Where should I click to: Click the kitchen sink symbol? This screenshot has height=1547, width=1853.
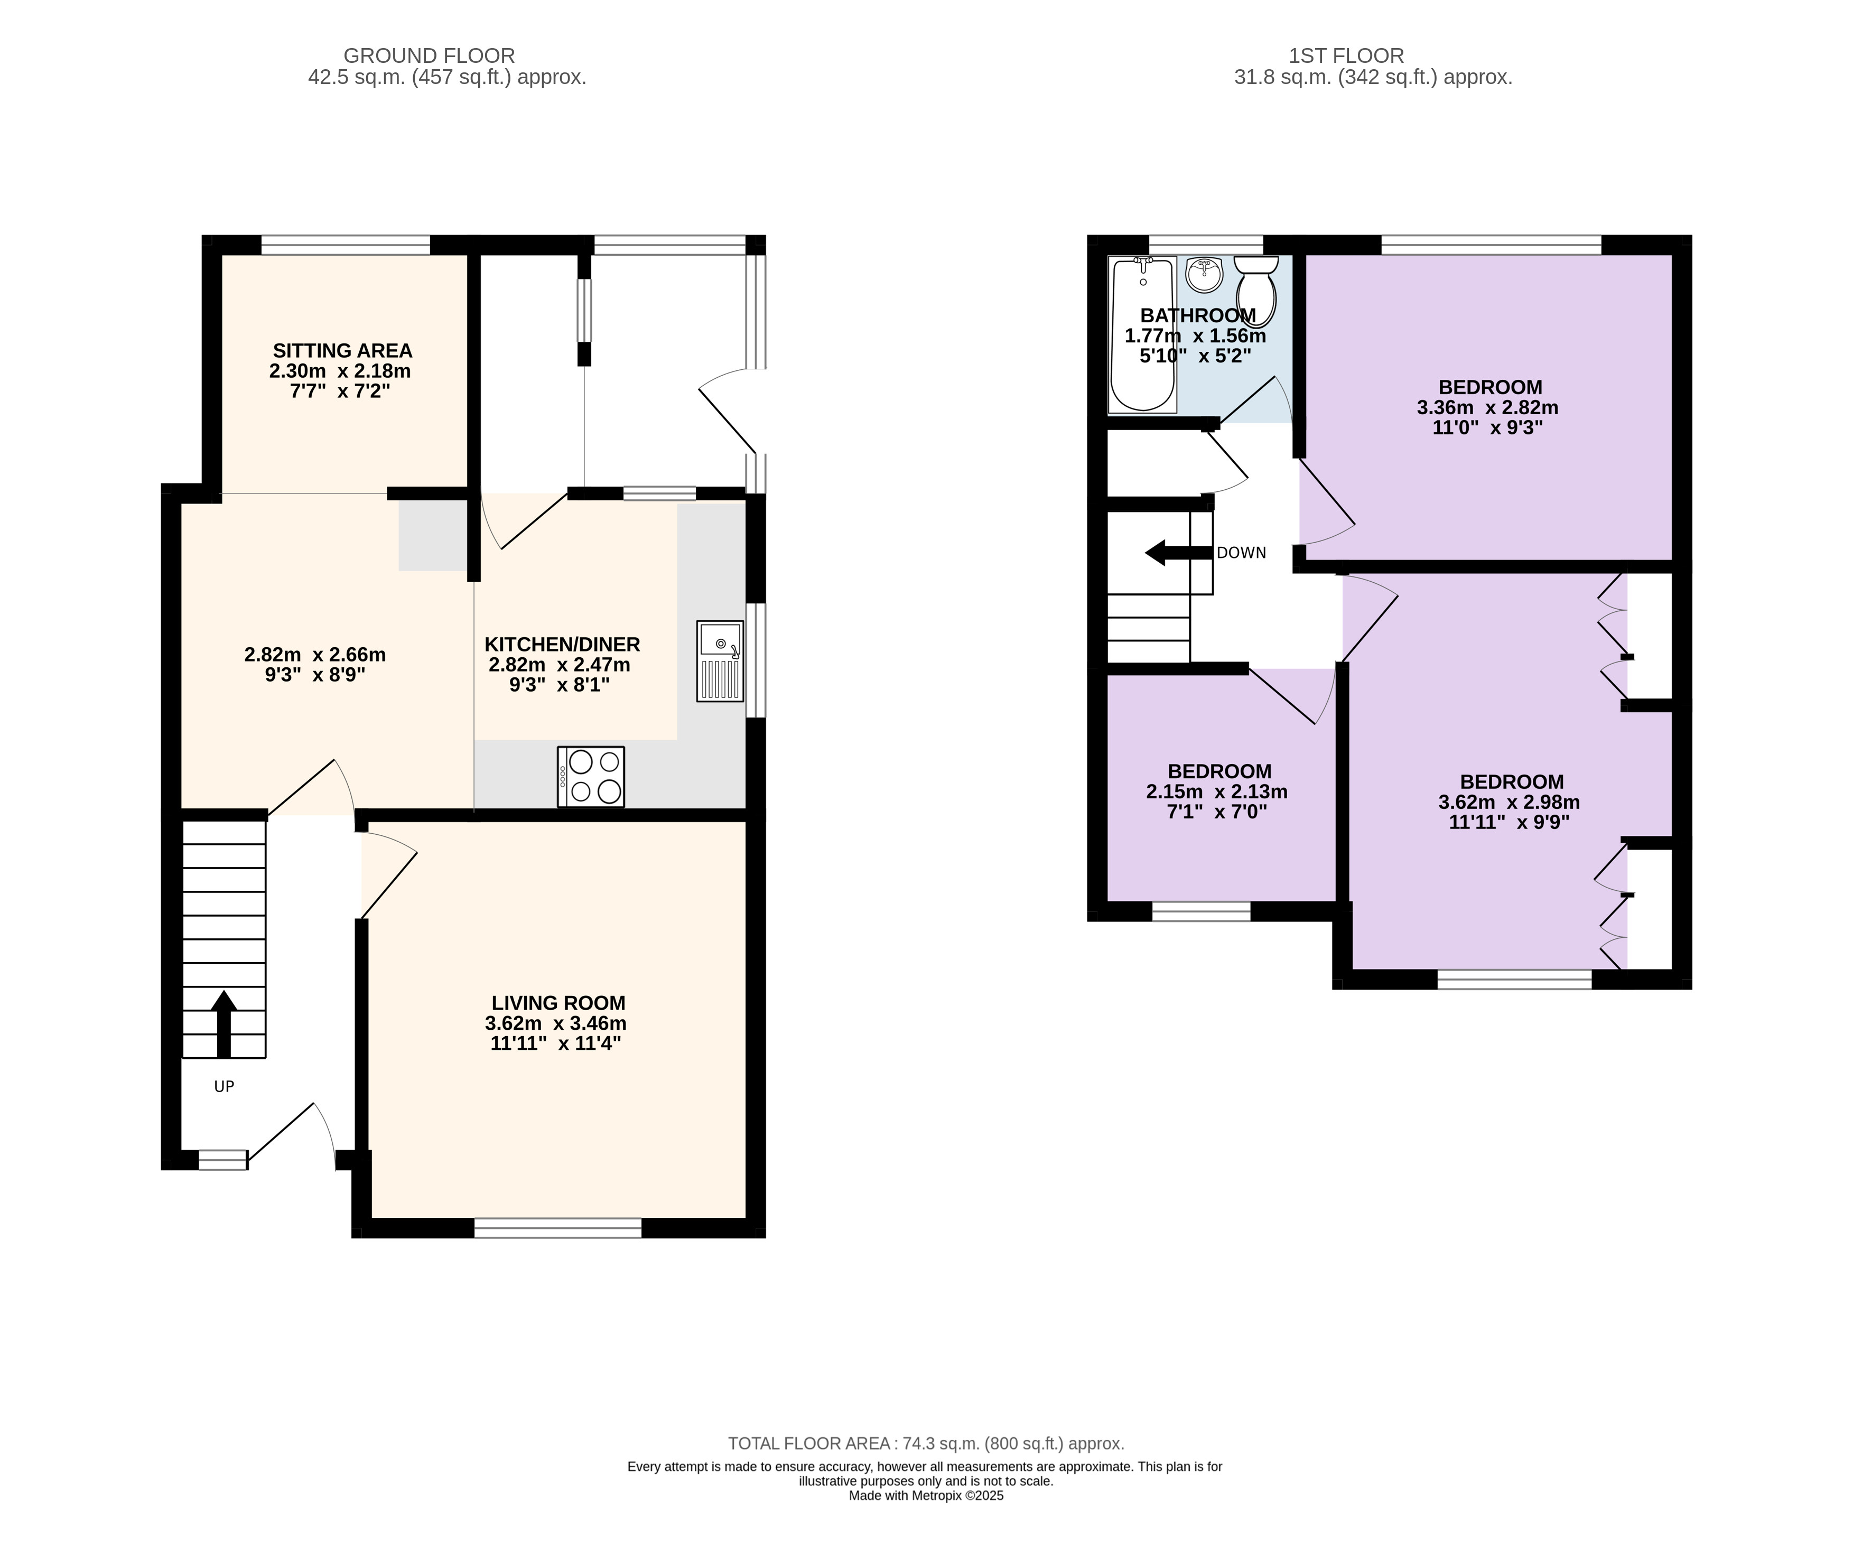click(720, 661)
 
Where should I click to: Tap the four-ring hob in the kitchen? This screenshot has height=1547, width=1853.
click(590, 777)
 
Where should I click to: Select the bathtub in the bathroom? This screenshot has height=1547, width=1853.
click(1143, 334)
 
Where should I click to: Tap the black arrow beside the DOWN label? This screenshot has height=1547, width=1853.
click(1178, 553)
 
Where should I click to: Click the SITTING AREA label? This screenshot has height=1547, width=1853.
click(342, 350)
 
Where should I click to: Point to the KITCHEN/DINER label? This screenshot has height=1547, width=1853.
click(562, 644)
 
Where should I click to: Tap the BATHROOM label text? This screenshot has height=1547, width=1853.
click(1197, 315)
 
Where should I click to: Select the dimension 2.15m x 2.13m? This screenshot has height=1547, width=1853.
click(1217, 791)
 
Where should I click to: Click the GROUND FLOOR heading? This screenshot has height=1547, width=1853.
click(429, 55)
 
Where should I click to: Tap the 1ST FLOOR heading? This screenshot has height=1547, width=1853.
click(1346, 55)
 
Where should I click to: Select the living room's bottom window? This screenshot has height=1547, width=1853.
click(557, 1227)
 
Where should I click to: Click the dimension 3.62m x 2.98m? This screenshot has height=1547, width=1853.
click(1509, 802)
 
